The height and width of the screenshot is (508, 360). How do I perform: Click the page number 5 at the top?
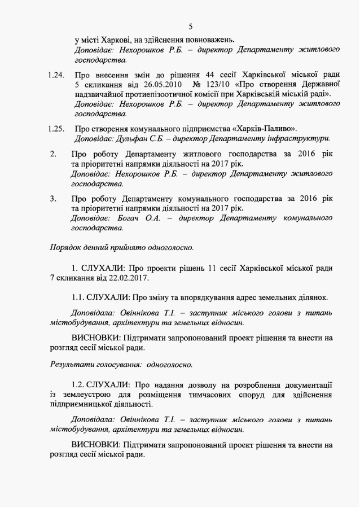[191, 26]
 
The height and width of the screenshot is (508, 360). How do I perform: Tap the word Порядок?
[66, 247]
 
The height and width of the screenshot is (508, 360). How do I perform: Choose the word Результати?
[72, 364]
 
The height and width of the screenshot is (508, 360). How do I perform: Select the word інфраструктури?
[301, 138]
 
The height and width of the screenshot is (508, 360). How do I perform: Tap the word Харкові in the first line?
[117, 40]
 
